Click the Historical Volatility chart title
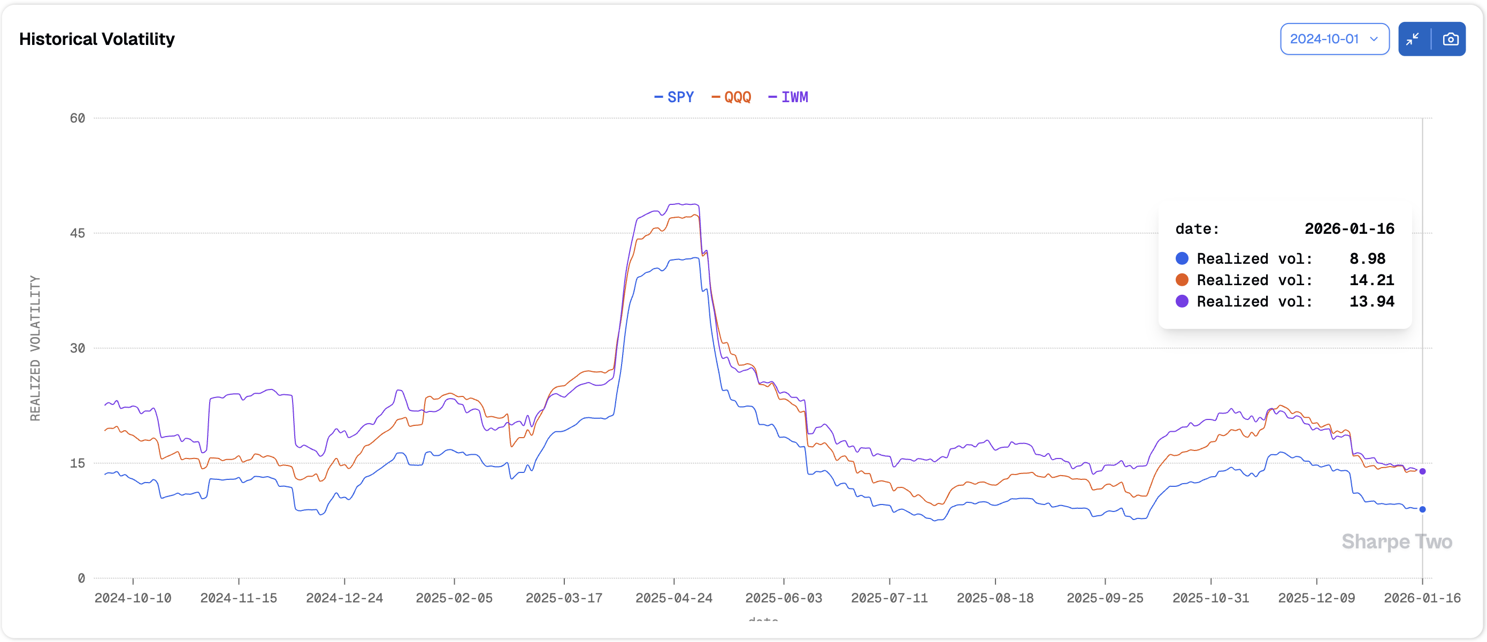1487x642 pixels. pos(96,39)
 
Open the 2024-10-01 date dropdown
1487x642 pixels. pos(1334,39)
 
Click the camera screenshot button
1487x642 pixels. pos(1450,39)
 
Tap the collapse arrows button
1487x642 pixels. pos(1413,39)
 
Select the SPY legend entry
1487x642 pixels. pos(674,97)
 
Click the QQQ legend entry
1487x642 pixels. pos(731,97)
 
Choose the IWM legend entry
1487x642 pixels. pos(788,97)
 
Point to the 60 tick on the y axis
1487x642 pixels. pos(78,118)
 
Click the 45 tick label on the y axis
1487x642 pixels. pos(78,233)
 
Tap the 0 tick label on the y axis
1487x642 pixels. pos(81,578)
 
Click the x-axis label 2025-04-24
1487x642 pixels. pos(673,598)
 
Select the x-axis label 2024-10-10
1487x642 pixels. pos(133,598)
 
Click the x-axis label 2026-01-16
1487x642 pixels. pos(1422,598)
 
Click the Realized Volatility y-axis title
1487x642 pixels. pos(35,348)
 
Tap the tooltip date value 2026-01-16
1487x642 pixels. pos(1349,228)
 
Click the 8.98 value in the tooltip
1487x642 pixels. pos(1367,258)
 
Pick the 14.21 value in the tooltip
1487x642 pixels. pos(1371,280)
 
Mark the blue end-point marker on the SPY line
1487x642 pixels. pos(1422,509)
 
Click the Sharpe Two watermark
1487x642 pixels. pos(1397,541)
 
